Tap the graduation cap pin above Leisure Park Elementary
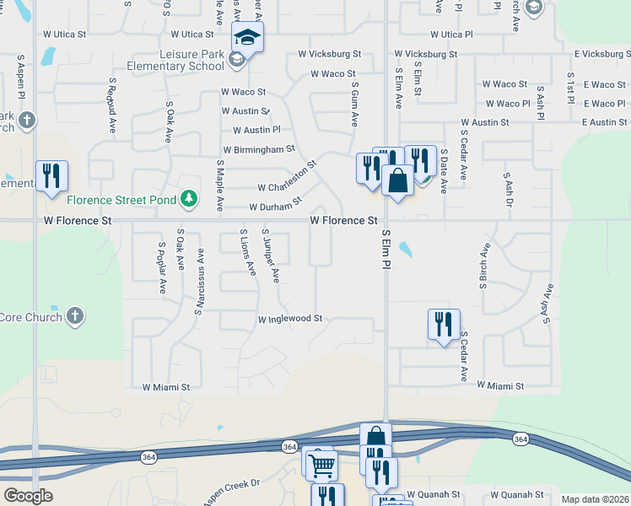pyautogui.click(x=248, y=39)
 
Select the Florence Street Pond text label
pyautogui.click(x=121, y=200)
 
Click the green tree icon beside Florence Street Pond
pyautogui.click(x=191, y=199)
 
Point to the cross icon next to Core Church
pyautogui.click(x=75, y=316)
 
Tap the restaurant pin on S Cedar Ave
pyautogui.click(x=443, y=324)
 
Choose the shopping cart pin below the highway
pyautogui.click(x=321, y=463)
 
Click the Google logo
pyautogui.click(x=28, y=496)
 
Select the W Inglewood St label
pyautogui.click(x=290, y=320)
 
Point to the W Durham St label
pyautogui.click(x=275, y=205)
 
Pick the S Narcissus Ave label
pyautogui.click(x=199, y=283)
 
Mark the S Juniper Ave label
pyautogui.click(x=270, y=255)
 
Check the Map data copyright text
pyautogui.click(x=595, y=499)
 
